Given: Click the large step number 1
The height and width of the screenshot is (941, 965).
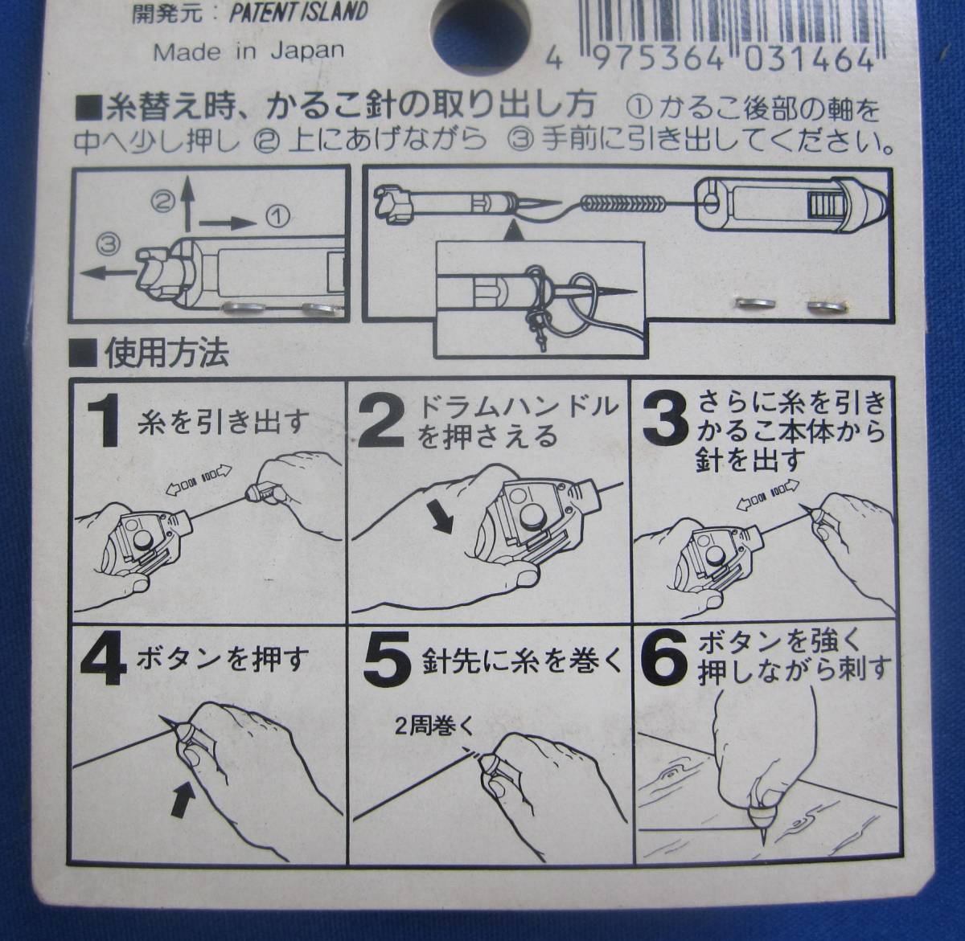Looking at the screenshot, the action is pos(103,421).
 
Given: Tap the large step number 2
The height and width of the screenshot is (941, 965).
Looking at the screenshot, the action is pos(380,421).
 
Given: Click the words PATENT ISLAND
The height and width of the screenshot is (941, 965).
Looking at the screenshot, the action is pos(298,12).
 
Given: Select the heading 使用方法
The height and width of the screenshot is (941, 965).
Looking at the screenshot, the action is pos(166,354).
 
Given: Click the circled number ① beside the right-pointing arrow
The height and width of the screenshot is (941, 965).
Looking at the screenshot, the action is pos(277,216).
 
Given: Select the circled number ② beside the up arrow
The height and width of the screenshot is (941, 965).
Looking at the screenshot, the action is pos(163,202).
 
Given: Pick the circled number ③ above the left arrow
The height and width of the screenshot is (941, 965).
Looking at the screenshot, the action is pos(109,243).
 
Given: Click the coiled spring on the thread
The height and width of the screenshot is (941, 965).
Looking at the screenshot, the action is pos(622,204).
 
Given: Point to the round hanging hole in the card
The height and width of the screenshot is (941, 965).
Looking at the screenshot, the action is pos(481,30).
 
